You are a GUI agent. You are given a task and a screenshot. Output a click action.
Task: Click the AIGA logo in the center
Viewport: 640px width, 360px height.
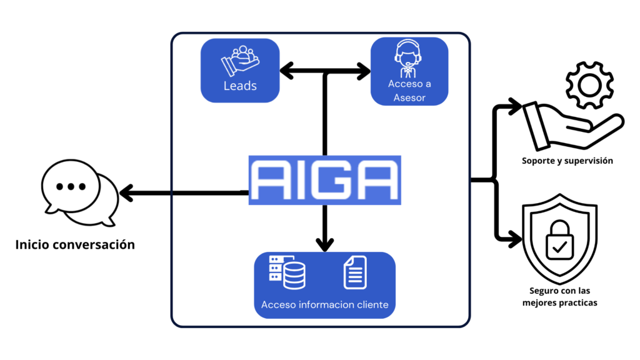click(324, 180)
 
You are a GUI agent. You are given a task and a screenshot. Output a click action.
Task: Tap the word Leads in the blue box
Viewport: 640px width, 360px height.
click(240, 86)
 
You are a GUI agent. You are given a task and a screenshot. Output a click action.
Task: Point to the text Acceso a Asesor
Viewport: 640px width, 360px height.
click(409, 91)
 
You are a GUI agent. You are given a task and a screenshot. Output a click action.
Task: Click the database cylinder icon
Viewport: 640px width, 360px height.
click(294, 274)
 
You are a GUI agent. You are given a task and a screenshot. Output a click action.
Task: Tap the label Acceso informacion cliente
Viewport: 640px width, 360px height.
click(324, 305)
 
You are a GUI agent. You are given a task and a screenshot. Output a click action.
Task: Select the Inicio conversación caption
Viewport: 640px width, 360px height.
click(75, 244)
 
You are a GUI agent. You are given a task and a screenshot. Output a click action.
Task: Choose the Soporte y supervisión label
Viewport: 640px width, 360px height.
click(567, 161)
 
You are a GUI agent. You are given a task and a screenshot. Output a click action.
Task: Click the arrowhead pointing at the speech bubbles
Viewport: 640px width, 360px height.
click(126, 194)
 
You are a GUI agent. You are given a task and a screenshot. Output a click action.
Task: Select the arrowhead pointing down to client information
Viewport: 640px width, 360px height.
click(324, 243)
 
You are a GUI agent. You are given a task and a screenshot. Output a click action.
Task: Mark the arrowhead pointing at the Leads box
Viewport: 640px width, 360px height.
click(287, 71)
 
